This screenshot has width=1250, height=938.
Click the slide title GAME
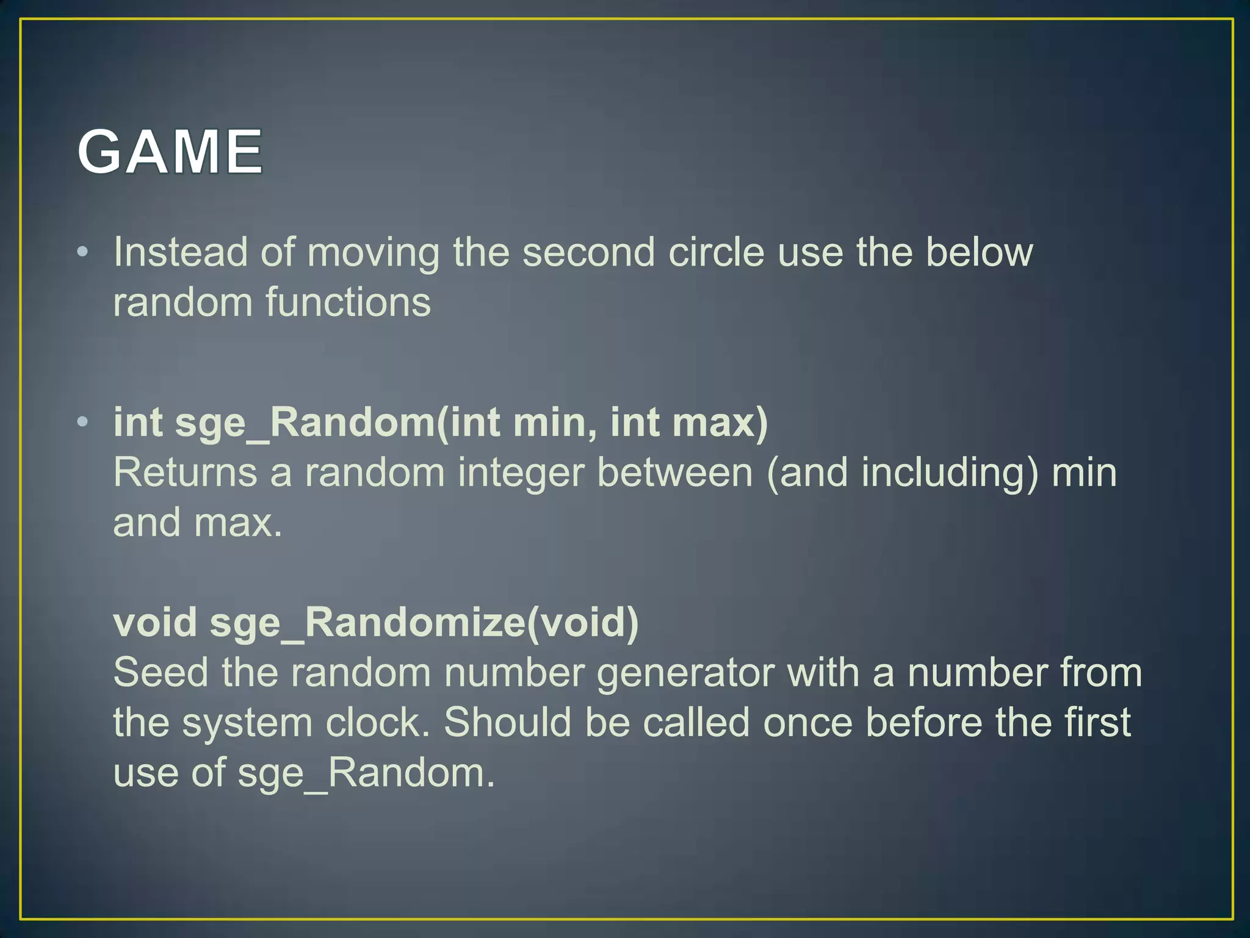click(170, 151)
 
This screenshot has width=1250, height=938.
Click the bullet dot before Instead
click(83, 252)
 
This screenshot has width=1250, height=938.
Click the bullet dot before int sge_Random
click(83, 422)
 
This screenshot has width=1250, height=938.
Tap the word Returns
click(185, 473)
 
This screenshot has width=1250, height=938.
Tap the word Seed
click(161, 673)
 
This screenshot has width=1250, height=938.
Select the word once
click(807, 723)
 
